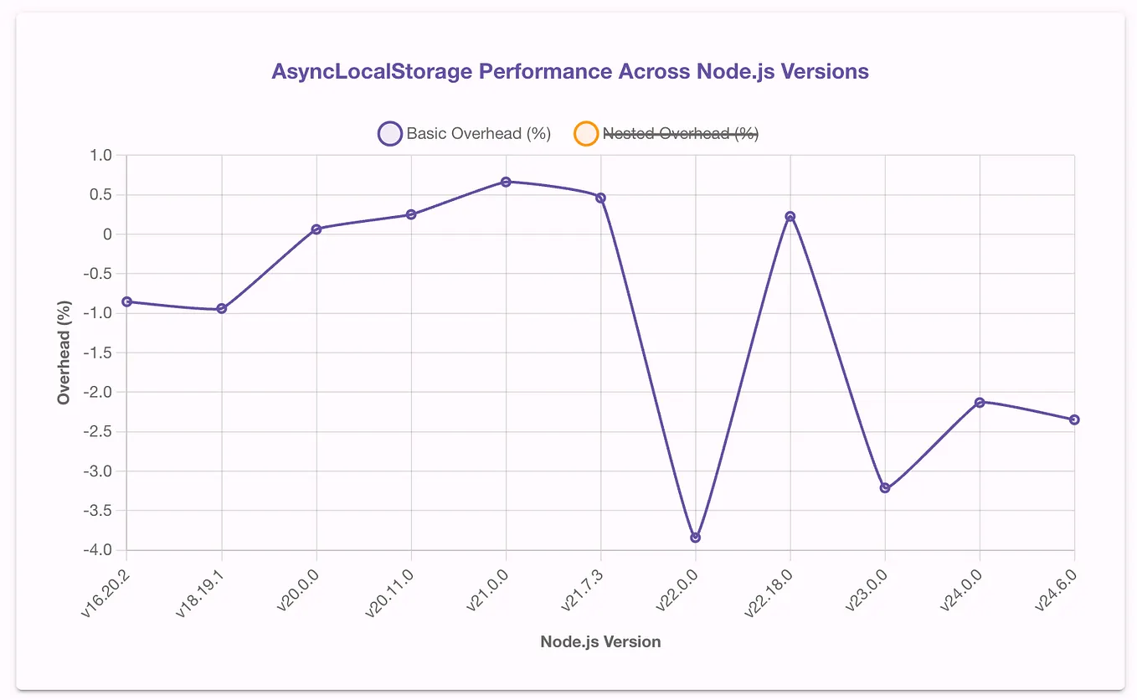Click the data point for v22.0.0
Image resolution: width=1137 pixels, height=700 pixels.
pos(695,538)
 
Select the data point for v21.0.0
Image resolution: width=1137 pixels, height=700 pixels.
pos(506,182)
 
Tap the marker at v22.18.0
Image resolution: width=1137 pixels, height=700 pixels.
pos(790,217)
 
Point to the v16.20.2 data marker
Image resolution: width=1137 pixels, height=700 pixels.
pos(126,301)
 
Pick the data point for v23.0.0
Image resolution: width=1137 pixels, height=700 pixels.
pos(885,488)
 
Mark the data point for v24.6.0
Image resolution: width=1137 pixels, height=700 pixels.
pos(1074,419)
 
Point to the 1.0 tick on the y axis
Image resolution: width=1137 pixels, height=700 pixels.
pos(100,156)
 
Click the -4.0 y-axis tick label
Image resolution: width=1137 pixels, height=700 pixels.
pos(95,550)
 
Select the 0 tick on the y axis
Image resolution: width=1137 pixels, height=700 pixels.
pos(106,234)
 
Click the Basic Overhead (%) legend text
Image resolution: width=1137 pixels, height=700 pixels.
pos(478,134)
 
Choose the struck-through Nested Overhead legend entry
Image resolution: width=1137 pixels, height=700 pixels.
pos(680,134)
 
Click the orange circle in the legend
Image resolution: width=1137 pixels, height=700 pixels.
pos(585,134)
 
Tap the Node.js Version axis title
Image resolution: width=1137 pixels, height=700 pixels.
pos(600,642)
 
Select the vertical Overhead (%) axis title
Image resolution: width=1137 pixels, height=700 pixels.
pos(64,353)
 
